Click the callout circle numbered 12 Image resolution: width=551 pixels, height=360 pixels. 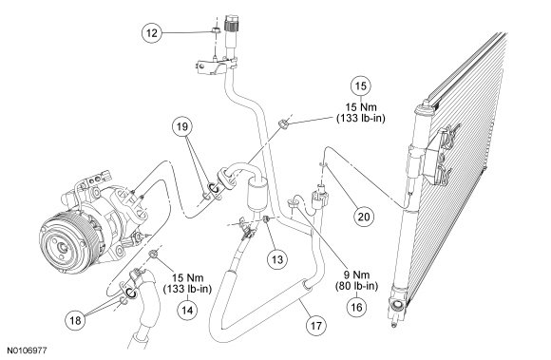(152, 33)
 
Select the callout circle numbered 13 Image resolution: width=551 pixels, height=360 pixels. (277, 259)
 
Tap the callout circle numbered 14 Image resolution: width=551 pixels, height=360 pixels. (187, 310)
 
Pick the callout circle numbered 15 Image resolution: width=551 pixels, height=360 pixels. (361, 86)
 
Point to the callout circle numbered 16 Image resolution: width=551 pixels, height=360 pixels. (356, 308)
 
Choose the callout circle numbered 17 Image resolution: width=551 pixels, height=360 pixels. (316, 326)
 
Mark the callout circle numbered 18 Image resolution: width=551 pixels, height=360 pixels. (75, 320)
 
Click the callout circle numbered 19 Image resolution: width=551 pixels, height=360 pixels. (182, 126)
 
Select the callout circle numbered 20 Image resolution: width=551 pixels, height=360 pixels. (364, 217)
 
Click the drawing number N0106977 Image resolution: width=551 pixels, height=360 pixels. (27, 351)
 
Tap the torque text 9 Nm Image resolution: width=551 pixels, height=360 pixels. (356, 275)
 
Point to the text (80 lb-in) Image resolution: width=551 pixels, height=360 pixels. (356, 286)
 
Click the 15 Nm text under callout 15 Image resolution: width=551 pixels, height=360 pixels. (361, 107)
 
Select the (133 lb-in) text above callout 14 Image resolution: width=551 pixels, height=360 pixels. (187, 289)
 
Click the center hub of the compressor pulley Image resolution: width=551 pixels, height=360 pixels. (64, 247)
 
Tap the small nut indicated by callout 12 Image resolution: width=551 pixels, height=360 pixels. (215, 30)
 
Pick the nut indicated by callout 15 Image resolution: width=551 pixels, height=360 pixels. (283, 123)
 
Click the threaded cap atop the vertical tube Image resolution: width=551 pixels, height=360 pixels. (233, 23)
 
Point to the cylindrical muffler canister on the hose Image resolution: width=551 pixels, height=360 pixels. (257, 195)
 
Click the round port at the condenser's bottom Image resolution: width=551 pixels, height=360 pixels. (398, 305)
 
